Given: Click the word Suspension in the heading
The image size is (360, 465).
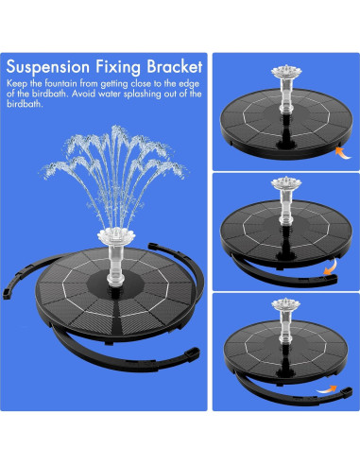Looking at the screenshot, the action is coord(48,67).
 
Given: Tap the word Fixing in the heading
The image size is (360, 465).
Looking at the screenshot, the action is coord(118,67).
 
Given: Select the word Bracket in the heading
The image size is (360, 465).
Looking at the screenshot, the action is coord(174,66).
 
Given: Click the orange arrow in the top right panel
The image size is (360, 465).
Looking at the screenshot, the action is coord(343,153).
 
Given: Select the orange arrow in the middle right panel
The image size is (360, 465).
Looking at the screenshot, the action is coord(332,267).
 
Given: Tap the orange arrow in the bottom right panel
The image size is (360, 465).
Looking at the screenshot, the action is coord(327,389).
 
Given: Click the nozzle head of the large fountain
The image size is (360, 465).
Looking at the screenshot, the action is coord(116,235).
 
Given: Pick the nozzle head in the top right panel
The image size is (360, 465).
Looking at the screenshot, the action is coord(286,71).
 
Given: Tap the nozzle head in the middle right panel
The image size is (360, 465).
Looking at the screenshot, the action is coord(286,183).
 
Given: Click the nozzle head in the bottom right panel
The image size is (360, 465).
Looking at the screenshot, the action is coord(286,304).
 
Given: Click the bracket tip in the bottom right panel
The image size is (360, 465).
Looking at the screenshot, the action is coord(347,392).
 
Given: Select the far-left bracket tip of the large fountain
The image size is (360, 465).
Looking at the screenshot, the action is coord(7,293).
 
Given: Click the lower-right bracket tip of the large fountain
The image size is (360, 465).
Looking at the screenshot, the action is coord(193,353).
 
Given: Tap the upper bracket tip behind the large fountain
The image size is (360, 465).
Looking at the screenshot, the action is coord(153,246).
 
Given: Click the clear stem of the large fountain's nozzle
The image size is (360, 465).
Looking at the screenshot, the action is coord(115,265).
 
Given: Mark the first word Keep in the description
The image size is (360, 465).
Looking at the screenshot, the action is coord(17,84).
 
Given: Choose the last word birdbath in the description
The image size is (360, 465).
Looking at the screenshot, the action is coord(25,104).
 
